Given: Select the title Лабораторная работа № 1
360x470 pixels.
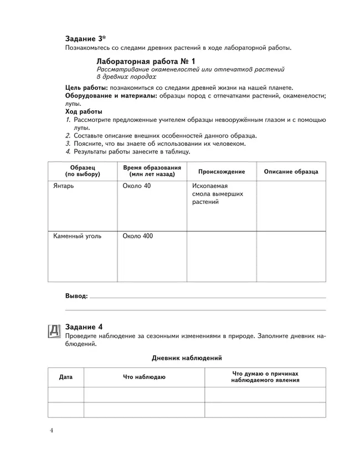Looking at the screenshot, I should [x=146, y=61].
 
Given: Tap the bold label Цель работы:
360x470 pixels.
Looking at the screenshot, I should [x=86, y=88].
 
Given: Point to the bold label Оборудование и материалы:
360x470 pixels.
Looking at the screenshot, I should [x=111, y=96].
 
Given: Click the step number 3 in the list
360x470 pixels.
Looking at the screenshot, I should [x=68, y=143].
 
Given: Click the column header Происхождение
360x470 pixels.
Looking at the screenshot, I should [x=221, y=172].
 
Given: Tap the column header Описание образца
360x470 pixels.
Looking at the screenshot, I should [x=291, y=172].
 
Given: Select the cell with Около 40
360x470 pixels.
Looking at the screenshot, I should [x=136, y=186].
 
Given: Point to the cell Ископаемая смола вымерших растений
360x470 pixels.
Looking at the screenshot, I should [x=218, y=194].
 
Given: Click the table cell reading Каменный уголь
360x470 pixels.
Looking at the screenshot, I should [x=77, y=236].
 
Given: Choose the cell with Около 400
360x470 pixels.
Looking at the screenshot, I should [x=138, y=236].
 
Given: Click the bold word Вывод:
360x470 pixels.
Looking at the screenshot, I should [x=76, y=297].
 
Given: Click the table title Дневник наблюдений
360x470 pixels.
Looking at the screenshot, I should [x=187, y=358].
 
